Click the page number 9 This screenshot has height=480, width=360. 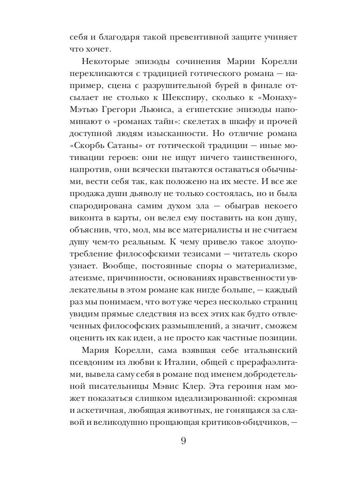(184, 441)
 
